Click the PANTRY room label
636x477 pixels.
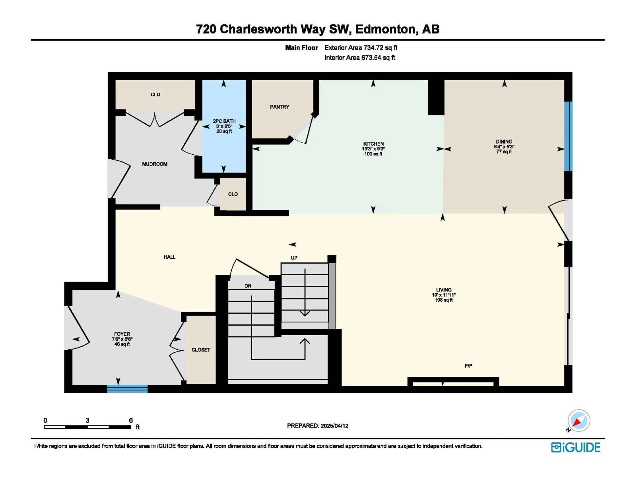tap(279, 107)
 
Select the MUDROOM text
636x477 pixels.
tap(155, 164)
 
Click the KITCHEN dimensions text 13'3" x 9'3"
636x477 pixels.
tap(373, 149)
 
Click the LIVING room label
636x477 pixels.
tap(444, 290)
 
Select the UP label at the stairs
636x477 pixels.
tap(294, 258)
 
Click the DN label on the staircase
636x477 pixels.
tap(248, 286)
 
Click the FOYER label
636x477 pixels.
tap(122, 334)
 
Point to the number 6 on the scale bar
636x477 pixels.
tap(131, 420)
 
